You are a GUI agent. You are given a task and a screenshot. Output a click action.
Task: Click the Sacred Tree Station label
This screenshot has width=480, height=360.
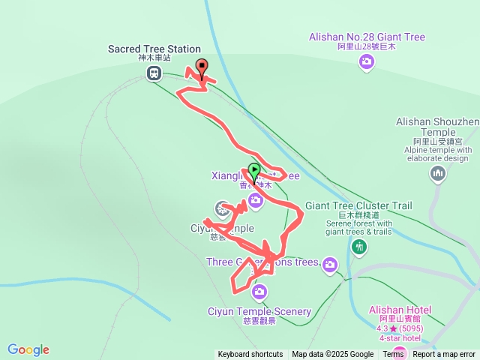[154, 49]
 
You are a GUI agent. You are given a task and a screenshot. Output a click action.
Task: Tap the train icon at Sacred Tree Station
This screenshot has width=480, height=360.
[154, 73]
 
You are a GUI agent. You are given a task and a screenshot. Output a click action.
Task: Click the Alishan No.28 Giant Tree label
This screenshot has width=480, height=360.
[366, 37]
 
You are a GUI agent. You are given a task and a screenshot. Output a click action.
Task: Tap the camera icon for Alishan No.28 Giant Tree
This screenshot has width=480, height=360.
[366, 62]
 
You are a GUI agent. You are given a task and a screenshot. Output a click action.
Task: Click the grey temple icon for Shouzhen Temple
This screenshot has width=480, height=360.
[438, 175]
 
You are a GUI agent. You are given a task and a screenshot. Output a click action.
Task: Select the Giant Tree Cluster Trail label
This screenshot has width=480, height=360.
[358, 205]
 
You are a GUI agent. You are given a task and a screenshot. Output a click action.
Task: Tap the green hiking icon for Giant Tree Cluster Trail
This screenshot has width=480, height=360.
[360, 246]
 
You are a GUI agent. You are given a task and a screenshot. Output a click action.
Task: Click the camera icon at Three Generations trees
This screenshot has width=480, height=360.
[329, 263]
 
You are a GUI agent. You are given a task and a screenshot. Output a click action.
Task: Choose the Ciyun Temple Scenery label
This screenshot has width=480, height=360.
[259, 311]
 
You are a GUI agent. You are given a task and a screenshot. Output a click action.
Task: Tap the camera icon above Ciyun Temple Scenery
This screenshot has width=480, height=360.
[259, 291]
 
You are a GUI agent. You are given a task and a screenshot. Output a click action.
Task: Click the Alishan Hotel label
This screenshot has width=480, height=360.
[400, 310]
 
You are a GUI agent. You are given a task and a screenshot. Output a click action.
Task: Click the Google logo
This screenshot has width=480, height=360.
[28, 349]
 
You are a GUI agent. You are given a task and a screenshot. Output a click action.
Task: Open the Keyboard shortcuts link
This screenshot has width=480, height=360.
[250, 355]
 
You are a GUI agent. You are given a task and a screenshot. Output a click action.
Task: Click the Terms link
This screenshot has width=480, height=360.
[393, 355]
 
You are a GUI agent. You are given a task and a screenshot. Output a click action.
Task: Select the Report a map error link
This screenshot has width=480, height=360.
[444, 355]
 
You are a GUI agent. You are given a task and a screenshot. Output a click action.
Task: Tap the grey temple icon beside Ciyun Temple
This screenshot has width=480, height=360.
[222, 208]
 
